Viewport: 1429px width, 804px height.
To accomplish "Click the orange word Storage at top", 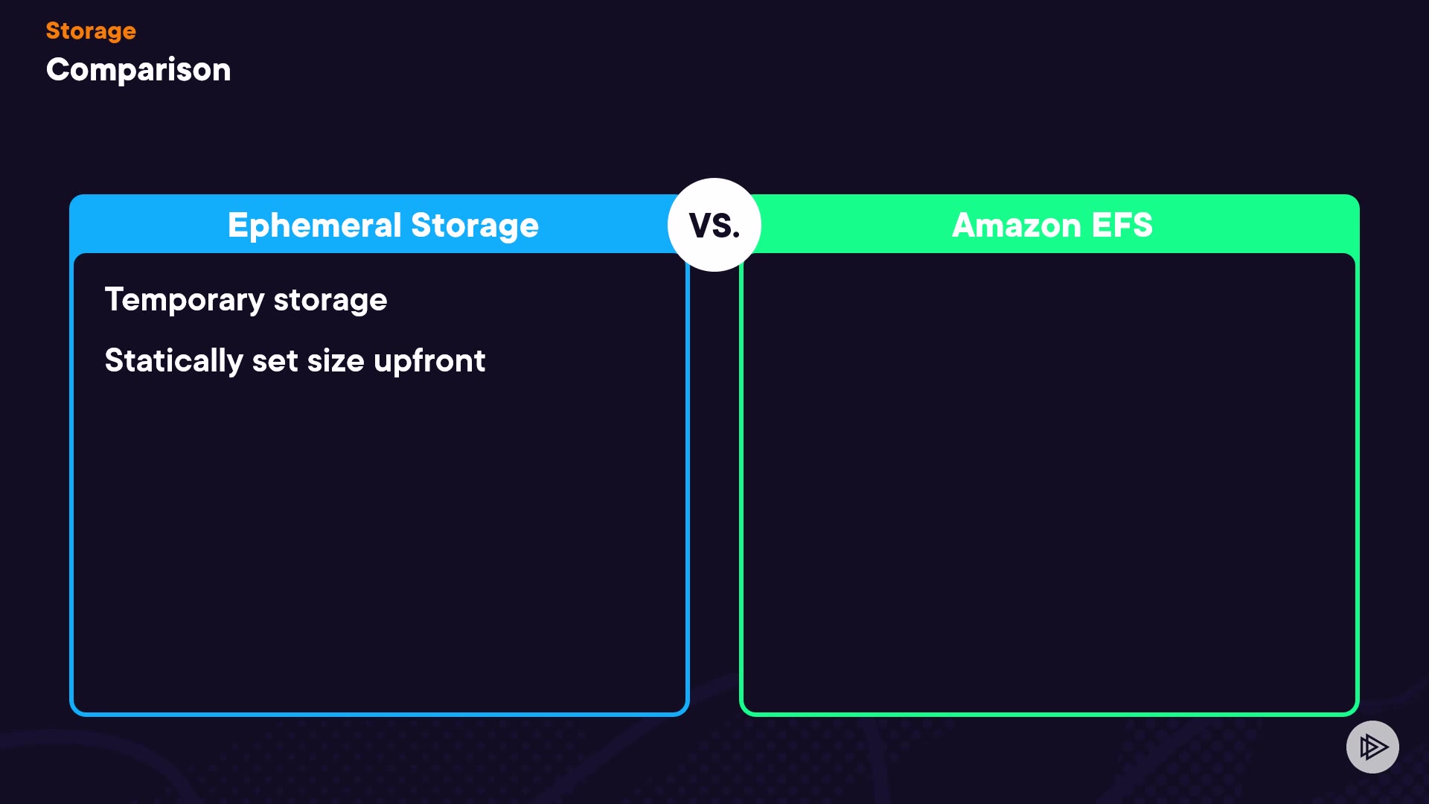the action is pos(91,31).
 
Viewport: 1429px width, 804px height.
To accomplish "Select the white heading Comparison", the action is pos(138,70).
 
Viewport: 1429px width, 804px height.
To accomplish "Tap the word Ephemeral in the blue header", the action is pos(314,226).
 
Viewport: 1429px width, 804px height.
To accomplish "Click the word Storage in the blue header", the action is pos(475,226).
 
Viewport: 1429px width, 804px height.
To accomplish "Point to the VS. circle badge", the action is pos(714,225).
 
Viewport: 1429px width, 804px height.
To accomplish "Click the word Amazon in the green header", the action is pos(1016,225).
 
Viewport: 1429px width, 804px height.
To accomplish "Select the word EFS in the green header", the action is pos(1122,225).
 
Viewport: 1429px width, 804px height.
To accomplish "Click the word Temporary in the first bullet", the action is pos(185,300).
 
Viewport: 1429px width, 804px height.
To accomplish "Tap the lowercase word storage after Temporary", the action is pos(330,300).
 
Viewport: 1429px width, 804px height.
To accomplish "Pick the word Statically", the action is pos(173,361).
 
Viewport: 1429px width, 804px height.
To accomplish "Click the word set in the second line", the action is pos(275,361).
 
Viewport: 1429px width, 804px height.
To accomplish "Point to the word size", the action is pos(336,361).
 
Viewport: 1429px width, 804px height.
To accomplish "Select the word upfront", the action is pos(429,361).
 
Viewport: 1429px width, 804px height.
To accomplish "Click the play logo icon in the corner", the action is pos(1372,747).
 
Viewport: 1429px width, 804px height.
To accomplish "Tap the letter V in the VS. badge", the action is pos(700,226).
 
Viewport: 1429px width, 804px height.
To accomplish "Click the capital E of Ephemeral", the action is pos(237,225).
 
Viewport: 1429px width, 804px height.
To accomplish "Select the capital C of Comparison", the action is pos(58,70).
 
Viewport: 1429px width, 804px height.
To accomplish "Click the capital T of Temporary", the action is pos(114,299).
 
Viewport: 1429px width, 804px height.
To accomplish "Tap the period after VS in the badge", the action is pos(736,236).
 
